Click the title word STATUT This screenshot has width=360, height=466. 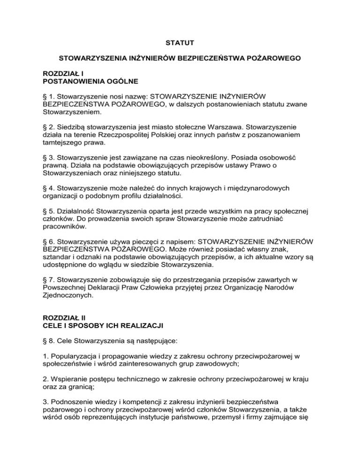pyautogui.click(x=180, y=44)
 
